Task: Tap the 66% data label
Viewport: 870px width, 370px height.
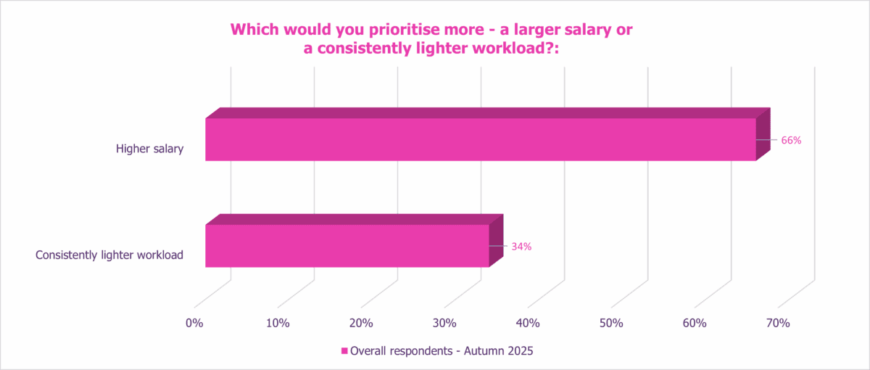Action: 791,141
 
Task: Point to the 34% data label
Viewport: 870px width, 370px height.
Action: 521,247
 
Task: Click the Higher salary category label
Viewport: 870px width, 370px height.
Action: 150,149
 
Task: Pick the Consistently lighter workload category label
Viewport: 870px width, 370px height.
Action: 109,255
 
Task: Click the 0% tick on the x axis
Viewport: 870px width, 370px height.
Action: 194,323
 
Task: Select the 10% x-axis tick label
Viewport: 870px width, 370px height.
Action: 278,323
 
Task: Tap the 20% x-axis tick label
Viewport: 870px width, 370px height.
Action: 361,323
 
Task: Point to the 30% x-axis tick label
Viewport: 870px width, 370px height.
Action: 444,323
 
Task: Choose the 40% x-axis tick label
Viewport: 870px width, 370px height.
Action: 528,323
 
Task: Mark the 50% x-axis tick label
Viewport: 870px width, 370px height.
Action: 611,323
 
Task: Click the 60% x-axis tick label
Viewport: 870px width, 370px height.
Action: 695,323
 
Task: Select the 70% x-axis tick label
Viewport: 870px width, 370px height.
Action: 778,323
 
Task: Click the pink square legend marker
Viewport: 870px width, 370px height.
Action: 344,351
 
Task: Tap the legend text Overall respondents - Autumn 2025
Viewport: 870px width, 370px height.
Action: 442,351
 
